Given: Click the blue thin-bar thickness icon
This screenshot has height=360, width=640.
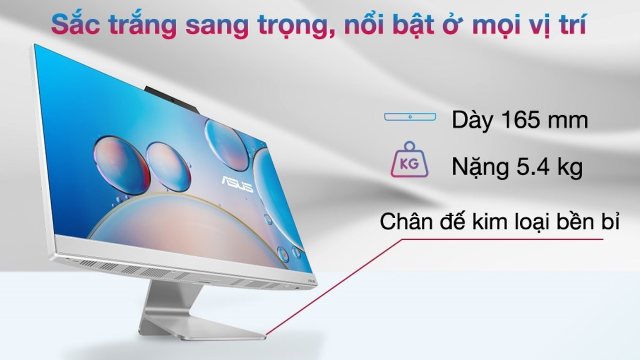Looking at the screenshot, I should (x=410, y=117).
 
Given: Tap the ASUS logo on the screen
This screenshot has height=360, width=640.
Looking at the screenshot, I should (x=236, y=184).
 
